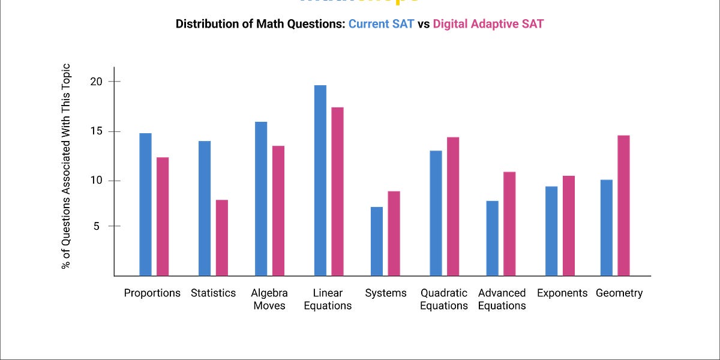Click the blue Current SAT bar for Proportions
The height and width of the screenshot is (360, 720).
(145, 204)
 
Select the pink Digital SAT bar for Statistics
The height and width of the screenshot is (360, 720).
(222, 238)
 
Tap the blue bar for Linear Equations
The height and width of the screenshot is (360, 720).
(320, 180)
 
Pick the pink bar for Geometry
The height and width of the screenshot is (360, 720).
(623, 205)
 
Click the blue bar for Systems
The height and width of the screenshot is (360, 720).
(376, 241)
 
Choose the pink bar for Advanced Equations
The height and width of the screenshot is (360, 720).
(509, 224)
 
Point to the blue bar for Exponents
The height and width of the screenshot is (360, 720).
(551, 231)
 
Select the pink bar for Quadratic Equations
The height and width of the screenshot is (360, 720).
(453, 206)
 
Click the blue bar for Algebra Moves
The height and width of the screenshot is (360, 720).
(261, 199)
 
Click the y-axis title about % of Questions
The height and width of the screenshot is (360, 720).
(67, 166)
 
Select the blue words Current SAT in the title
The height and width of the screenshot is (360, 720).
(381, 25)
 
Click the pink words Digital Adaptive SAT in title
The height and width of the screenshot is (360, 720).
(488, 25)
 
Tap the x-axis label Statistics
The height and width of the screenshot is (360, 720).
(214, 293)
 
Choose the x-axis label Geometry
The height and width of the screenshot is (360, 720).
(619, 293)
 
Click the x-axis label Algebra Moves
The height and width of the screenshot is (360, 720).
(269, 299)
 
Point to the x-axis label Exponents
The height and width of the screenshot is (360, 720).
(562, 293)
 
